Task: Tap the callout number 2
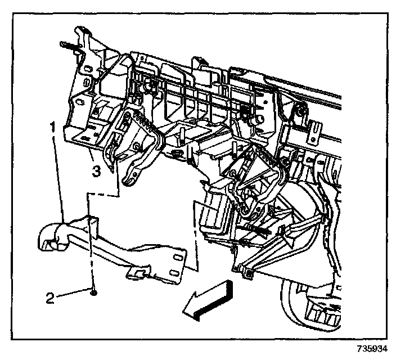[x=50, y=298]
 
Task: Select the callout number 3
[x=96, y=171]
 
